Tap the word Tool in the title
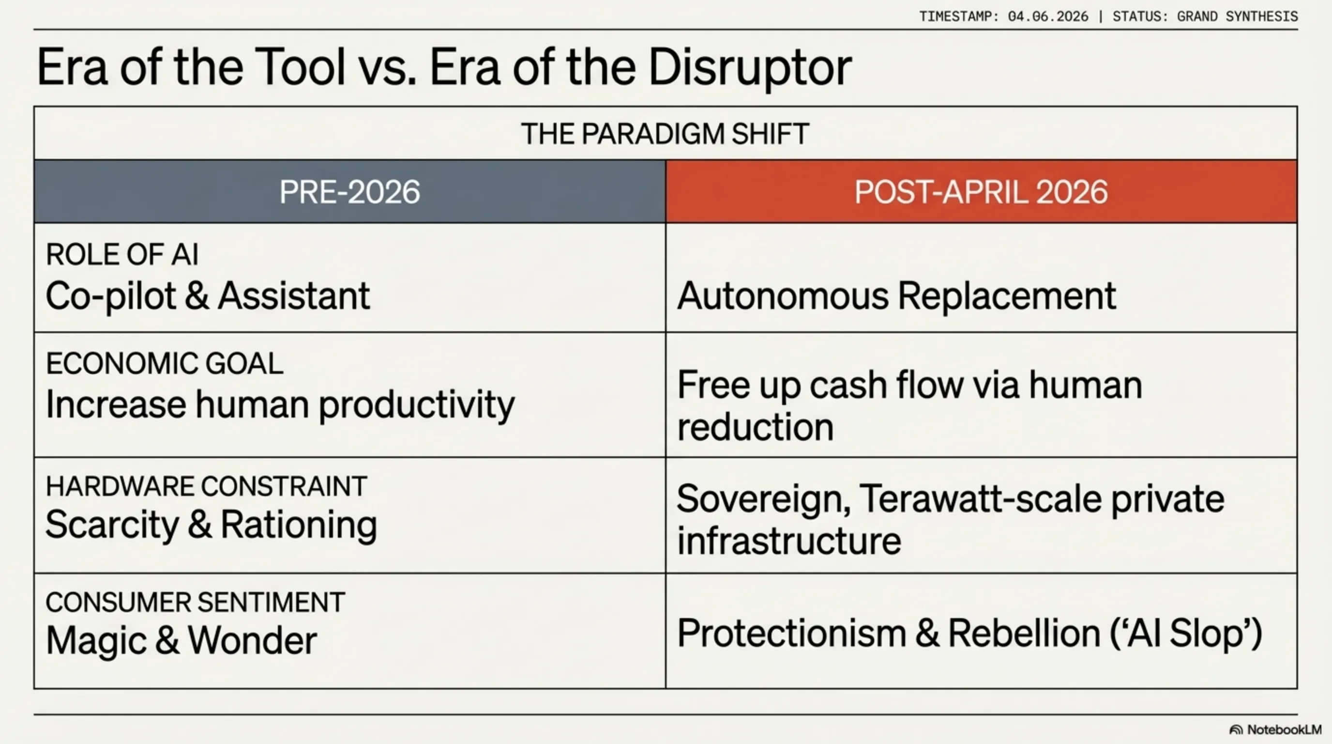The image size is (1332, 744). [x=300, y=67]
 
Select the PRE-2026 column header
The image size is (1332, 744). [x=349, y=192]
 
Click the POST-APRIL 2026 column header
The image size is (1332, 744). [x=981, y=192]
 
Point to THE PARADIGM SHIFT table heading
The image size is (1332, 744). [x=665, y=134]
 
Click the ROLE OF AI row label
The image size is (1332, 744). [x=122, y=255]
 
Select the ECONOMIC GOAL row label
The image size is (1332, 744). [x=165, y=363]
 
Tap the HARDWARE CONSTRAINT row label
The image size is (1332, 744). [x=206, y=486]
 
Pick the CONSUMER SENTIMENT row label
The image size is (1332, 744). [x=195, y=602]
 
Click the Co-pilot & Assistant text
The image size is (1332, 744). [x=207, y=296]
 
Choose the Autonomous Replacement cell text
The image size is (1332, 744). [x=896, y=296]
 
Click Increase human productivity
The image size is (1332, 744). [x=280, y=404]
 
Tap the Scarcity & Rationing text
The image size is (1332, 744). [x=211, y=525]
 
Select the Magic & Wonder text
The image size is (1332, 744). [x=181, y=640]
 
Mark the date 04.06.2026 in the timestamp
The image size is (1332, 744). [x=1047, y=16]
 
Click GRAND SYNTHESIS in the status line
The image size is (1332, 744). [x=1237, y=16]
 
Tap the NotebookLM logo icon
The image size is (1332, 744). [x=1236, y=730]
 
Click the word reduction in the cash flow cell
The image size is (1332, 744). [x=755, y=427]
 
